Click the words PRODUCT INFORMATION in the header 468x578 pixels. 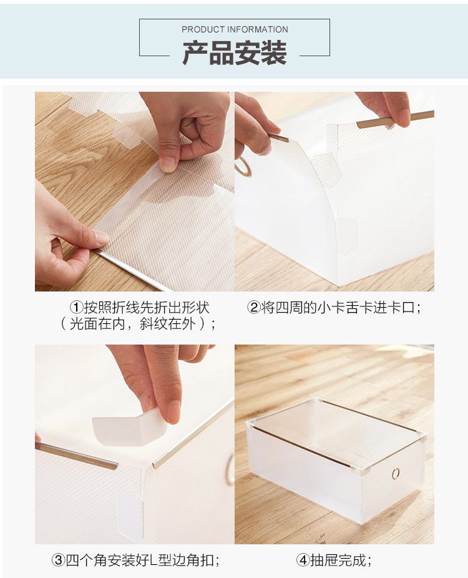(x=235, y=29)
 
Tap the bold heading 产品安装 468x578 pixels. (x=235, y=53)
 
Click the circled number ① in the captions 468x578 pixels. (x=76, y=308)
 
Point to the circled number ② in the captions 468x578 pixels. (x=253, y=308)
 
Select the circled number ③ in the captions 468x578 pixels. (x=57, y=561)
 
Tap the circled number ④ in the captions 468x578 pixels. (x=302, y=561)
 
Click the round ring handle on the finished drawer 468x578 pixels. (x=395, y=474)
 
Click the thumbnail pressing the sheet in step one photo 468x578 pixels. (x=168, y=164)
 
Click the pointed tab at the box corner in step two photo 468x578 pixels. (x=324, y=167)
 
